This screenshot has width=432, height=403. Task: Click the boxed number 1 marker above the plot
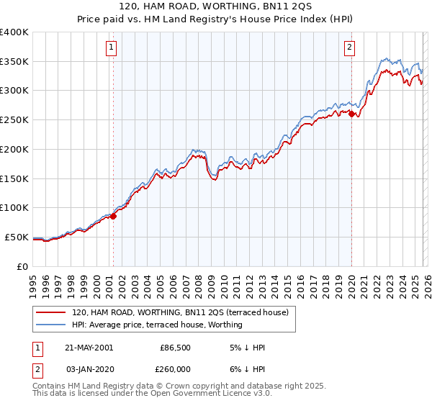112,48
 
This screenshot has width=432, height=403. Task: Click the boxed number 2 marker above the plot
349,48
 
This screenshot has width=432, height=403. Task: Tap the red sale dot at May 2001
113,215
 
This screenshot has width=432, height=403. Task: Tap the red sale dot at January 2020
351,113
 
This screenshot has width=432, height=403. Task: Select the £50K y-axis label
17,237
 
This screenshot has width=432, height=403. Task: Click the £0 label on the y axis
23,266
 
